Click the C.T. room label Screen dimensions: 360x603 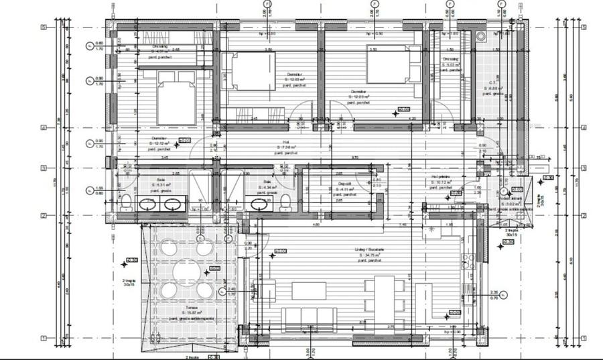[x=493, y=83]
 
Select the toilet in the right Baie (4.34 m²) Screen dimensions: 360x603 [x=285, y=201]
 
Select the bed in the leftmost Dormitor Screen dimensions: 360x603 [x=176, y=101]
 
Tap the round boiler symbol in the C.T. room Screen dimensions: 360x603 [x=481, y=38]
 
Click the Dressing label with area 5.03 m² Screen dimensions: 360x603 [x=450, y=62]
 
